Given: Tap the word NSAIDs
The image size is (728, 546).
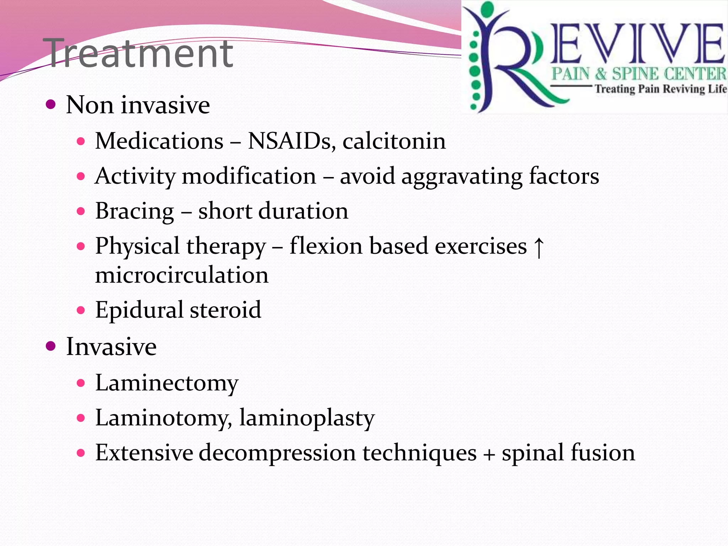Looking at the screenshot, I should coord(291,141).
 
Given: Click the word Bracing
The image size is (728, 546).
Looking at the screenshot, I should coord(135,212).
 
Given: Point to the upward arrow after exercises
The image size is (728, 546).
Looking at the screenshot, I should coord(539,247).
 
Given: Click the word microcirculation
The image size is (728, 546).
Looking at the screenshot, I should coord(182,275).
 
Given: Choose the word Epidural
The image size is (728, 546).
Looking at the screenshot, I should coord(139,310).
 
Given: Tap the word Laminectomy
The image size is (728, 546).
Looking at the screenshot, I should coord(167,383).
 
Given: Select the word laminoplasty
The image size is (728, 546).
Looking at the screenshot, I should coord(307,418).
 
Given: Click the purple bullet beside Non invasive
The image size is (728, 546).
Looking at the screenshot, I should coord(51,105).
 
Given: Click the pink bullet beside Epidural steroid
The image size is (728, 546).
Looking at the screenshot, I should coord(81,310).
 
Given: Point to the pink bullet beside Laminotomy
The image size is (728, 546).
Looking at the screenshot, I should coord(81,418).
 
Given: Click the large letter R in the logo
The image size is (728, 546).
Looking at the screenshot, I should coord(512,64).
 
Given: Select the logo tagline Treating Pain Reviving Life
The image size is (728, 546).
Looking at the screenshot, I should coord(660,89).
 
